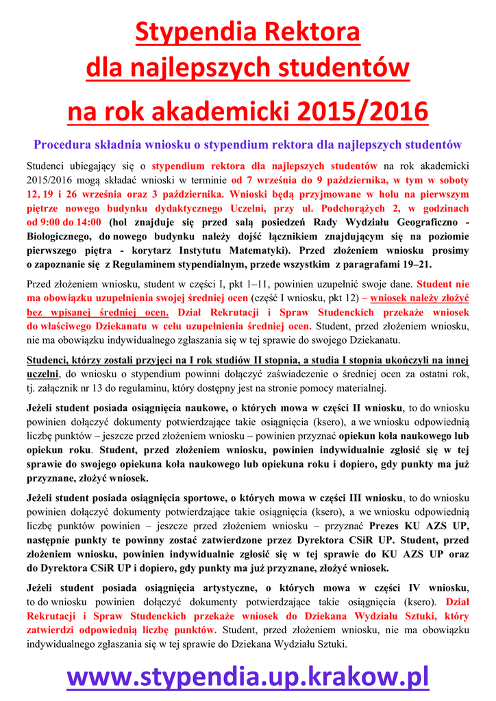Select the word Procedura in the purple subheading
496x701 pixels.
pyautogui.click(x=64, y=144)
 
